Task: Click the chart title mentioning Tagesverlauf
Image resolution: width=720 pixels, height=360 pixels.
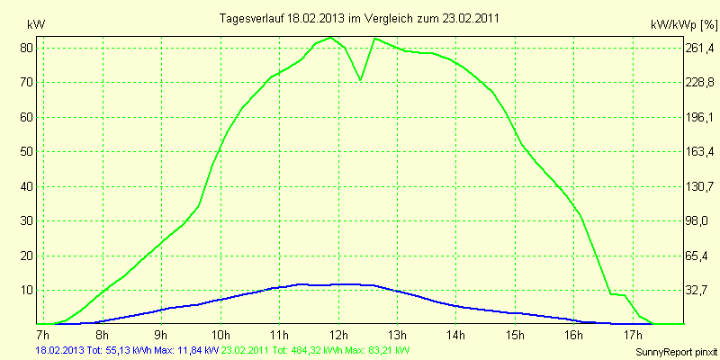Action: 360,18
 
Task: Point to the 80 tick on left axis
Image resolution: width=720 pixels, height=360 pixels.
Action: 27,48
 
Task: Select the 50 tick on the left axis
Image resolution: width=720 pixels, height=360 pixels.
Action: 27,151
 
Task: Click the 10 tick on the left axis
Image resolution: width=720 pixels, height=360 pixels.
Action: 27,290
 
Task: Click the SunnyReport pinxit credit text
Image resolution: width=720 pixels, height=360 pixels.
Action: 673,351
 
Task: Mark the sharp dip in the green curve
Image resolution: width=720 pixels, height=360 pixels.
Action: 361,79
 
